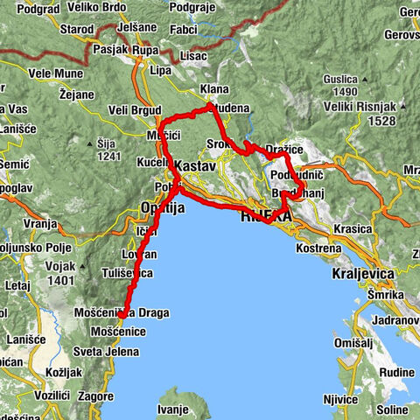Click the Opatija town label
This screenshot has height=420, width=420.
pos(162,207)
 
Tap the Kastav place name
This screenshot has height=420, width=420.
pos(195,165)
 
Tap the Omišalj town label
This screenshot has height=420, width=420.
pos(353,343)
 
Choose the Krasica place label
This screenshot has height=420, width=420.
pos(353,227)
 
